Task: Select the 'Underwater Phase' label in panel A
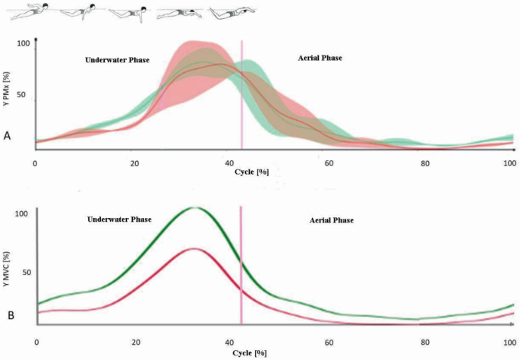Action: tap(117, 59)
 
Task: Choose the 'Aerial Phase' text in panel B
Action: tap(331, 220)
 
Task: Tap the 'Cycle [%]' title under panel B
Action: tap(249, 353)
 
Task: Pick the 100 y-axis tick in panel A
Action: tap(23, 44)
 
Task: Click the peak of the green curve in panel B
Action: tap(195, 207)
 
